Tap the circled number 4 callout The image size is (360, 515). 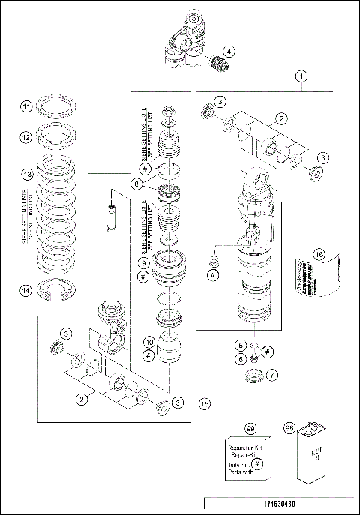click(x=228, y=52)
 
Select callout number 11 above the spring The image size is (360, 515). click(x=26, y=107)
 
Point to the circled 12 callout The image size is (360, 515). click(x=26, y=138)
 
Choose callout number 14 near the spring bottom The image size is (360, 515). click(x=26, y=292)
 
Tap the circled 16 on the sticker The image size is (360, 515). click(x=319, y=255)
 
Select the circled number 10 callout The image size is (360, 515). click(x=150, y=343)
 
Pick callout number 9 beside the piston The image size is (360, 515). click(x=142, y=262)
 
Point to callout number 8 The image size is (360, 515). click(x=136, y=184)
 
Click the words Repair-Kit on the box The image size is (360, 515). click(x=242, y=454)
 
